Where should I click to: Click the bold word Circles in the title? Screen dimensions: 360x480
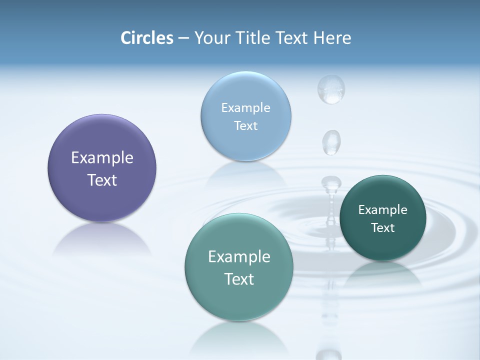(146, 38)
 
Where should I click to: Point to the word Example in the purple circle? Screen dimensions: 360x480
(102, 158)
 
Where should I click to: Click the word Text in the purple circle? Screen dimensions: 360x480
(102, 180)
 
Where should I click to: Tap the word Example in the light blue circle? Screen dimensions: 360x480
(245, 107)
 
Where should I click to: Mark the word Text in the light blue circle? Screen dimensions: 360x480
(245, 125)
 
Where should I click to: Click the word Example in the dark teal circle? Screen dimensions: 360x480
(383, 209)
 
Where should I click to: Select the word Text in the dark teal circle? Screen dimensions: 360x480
(383, 228)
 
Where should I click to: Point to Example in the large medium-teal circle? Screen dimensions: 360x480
(239, 257)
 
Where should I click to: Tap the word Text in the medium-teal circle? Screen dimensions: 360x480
(239, 279)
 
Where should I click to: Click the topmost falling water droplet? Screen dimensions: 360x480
(331, 89)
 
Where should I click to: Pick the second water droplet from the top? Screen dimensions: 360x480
(331, 142)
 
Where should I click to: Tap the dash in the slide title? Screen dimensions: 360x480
(183, 38)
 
